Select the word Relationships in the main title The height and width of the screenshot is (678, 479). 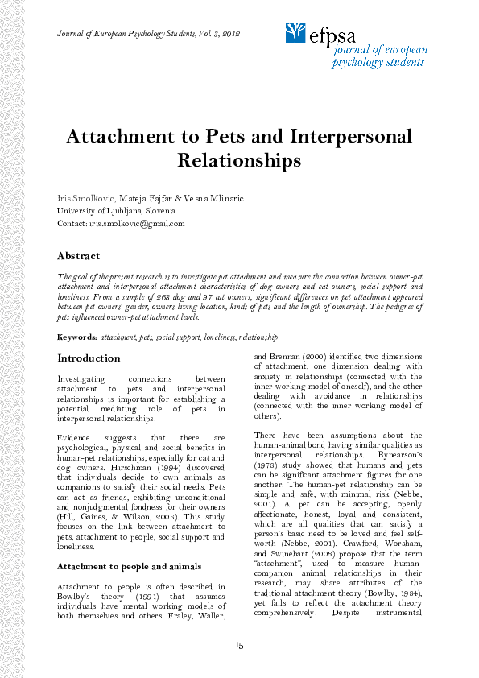[x=238, y=160]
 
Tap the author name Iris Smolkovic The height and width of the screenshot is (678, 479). [x=86, y=197]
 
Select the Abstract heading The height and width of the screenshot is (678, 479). [x=78, y=256]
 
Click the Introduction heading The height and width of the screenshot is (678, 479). [x=89, y=358]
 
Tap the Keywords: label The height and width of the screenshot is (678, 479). [x=76, y=337]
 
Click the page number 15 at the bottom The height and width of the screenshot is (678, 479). [x=239, y=644]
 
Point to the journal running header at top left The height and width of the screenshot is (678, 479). [x=149, y=33]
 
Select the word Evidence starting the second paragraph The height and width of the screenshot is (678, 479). [x=75, y=438]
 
